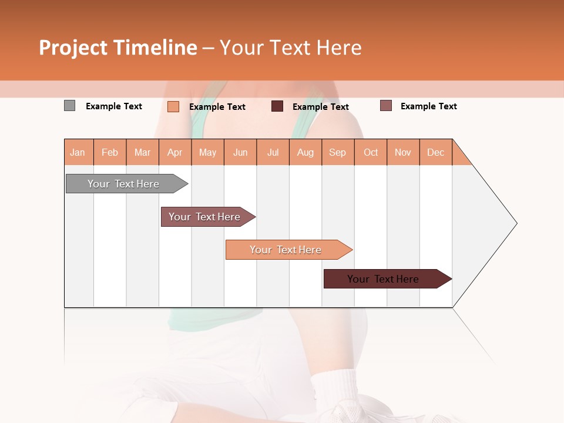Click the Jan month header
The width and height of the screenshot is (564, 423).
[x=78, y=152]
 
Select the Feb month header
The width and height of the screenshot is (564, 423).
[x=110, y=152]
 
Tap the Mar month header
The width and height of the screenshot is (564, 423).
[x=142, y=152]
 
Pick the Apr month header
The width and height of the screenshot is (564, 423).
[x=175, y=152]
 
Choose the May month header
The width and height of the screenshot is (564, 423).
[x=207, y=152]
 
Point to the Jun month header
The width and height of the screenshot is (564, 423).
[x=240, y=152]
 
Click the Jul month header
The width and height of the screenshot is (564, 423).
[x=273, y=152]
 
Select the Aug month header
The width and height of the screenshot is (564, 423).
[x=305, y=152]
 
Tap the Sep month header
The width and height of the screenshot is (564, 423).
[x=338, y=152]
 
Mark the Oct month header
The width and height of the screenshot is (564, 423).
[x=371, y=152]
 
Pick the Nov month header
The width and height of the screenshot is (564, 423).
[x=403, y=152]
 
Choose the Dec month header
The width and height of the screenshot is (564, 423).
[x=436, y=152]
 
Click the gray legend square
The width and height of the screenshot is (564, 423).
[x=70, y=106]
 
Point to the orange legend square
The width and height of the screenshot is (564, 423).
[x=173, y=106]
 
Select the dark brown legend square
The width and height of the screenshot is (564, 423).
[x=277, y=106]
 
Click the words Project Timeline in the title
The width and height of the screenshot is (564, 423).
[x=118, y=48]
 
